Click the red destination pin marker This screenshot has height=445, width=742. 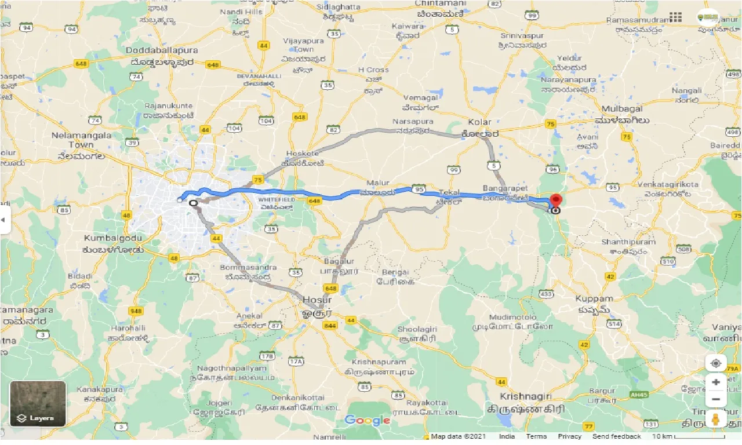coord(555,200)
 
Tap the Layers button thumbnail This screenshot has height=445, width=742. coord(38,404)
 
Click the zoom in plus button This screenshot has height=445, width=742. coord(716,382)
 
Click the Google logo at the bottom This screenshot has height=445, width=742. coord(367,420)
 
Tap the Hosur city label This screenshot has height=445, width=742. coord(317,300)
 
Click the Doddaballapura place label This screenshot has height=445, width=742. coord(162,50)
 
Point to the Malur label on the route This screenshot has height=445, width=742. coord(378,183)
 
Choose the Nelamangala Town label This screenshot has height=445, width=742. coord(72,140)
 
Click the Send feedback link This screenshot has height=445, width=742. coord(617,436)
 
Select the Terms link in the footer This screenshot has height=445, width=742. coord(536,436)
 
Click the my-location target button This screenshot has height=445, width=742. coord(716,363)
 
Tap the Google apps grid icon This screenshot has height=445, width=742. coord(675,17)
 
